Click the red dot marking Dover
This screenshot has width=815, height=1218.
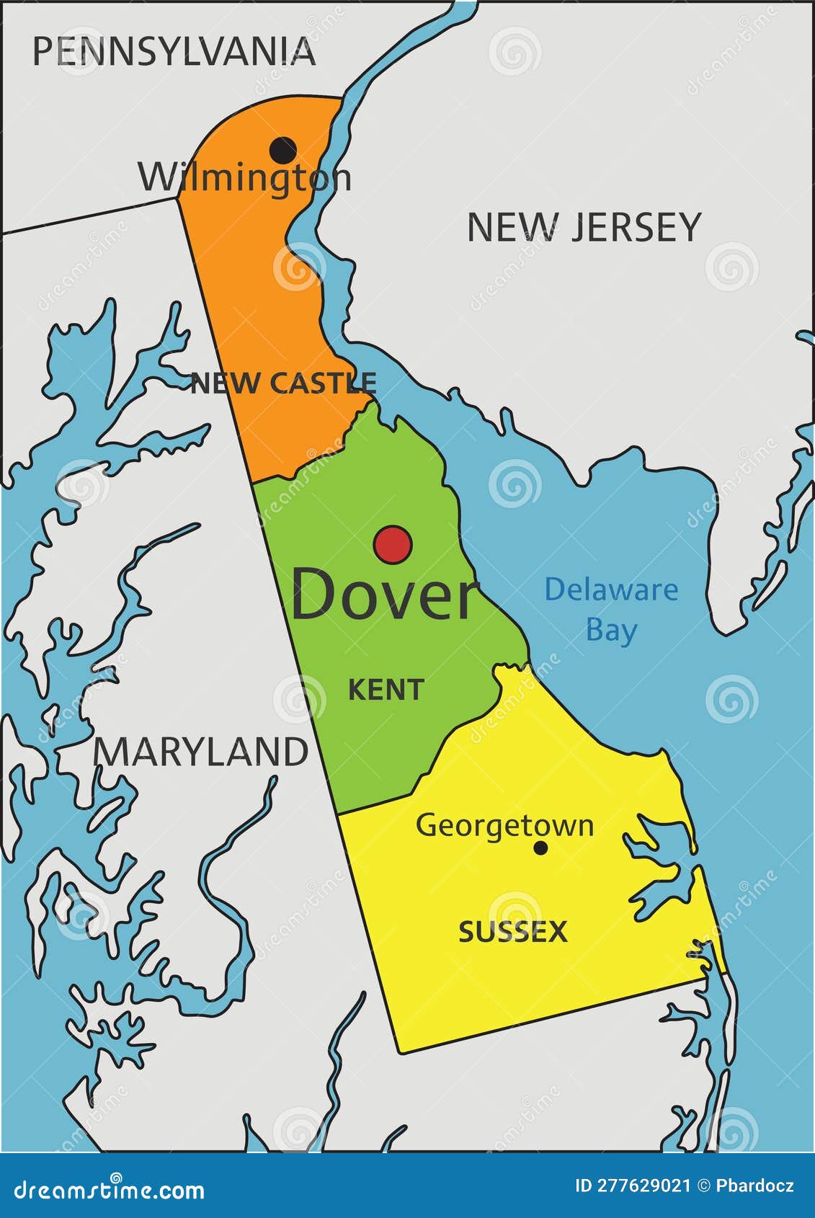393,544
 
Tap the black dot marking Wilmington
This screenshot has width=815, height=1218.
282,150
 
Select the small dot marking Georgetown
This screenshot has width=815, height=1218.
540,848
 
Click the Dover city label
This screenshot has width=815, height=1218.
384,595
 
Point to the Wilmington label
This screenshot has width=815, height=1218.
245,178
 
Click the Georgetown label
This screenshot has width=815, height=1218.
504,826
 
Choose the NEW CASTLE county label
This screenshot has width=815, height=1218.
283,383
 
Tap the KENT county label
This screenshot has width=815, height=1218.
386,690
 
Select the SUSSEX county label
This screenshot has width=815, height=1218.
513,932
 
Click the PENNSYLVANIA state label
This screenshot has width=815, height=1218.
174,52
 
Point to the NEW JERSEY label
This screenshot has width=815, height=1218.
584,228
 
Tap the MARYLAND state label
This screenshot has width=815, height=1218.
201,752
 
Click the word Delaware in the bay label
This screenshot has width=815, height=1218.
611,590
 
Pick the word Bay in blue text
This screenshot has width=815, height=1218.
611,630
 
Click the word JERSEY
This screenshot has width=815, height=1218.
636,228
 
